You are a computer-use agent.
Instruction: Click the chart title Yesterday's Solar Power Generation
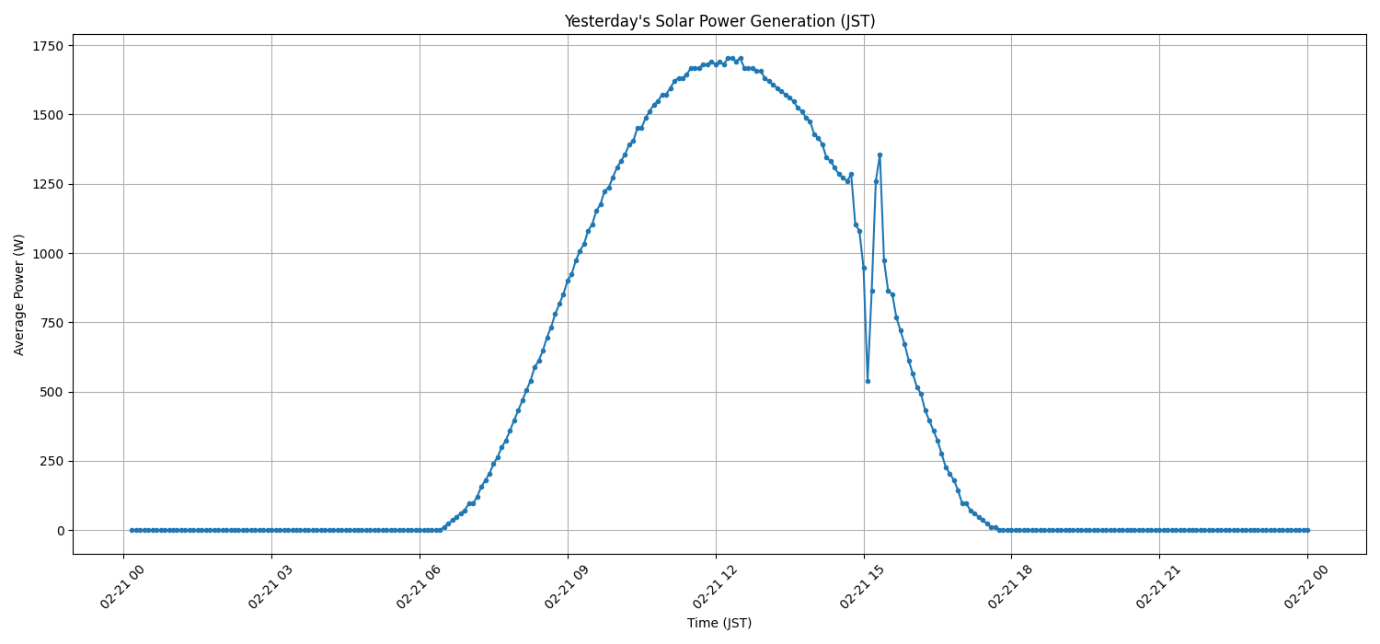pos(719,21)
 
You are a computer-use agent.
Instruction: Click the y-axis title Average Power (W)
pos(19,294)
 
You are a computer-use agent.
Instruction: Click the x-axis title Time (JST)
pos(719,623)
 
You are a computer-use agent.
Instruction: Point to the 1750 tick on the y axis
pos(48,46)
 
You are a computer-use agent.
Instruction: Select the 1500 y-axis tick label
pos(48,115)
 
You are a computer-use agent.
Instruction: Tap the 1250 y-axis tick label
pos(48,184)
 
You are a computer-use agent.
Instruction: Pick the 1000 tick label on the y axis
pos(48,253)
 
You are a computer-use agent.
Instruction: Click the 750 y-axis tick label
pos(52,323)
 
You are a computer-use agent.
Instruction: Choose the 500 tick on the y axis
pos(52,392)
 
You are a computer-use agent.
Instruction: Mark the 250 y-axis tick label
pos(52,461)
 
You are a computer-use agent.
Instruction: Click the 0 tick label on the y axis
pos(61,531)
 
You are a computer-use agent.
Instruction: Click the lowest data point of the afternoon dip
pos(868,381)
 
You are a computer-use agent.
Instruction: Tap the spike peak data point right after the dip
pos(880,155)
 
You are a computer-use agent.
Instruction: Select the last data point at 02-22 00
pos(1307,530)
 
